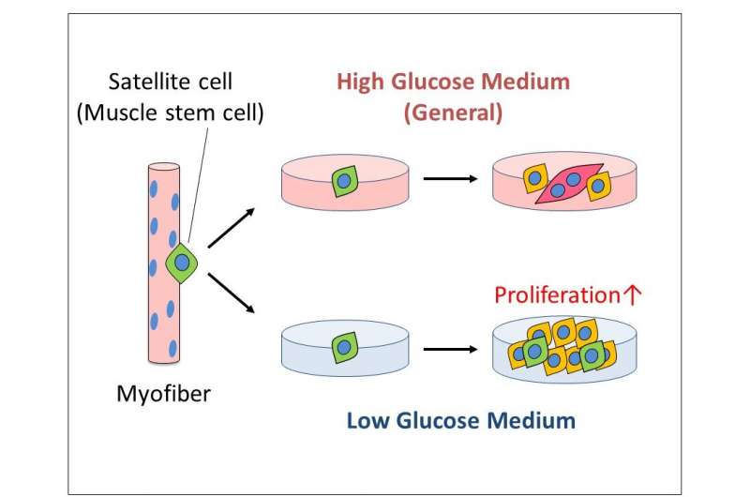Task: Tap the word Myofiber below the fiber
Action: coord(163,395)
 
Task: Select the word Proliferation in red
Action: coord(557,295)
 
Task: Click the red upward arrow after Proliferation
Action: coord(632,295)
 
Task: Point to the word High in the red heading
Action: coord(360,83)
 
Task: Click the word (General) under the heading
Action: coord(453,113)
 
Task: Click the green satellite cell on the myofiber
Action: coord(182,263)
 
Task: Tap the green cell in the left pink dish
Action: coord(345,181)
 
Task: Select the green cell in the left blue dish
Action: coord(345,347)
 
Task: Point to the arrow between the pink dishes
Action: coord(450,179)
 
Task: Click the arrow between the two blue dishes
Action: coord(450,349)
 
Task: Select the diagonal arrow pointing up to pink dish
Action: coord(231,228)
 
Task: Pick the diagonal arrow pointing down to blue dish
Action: coord(231,294)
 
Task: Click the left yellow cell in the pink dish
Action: coord(534,178)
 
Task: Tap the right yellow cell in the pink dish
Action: coord(597,186)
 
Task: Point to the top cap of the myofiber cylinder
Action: coord(163,168)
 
